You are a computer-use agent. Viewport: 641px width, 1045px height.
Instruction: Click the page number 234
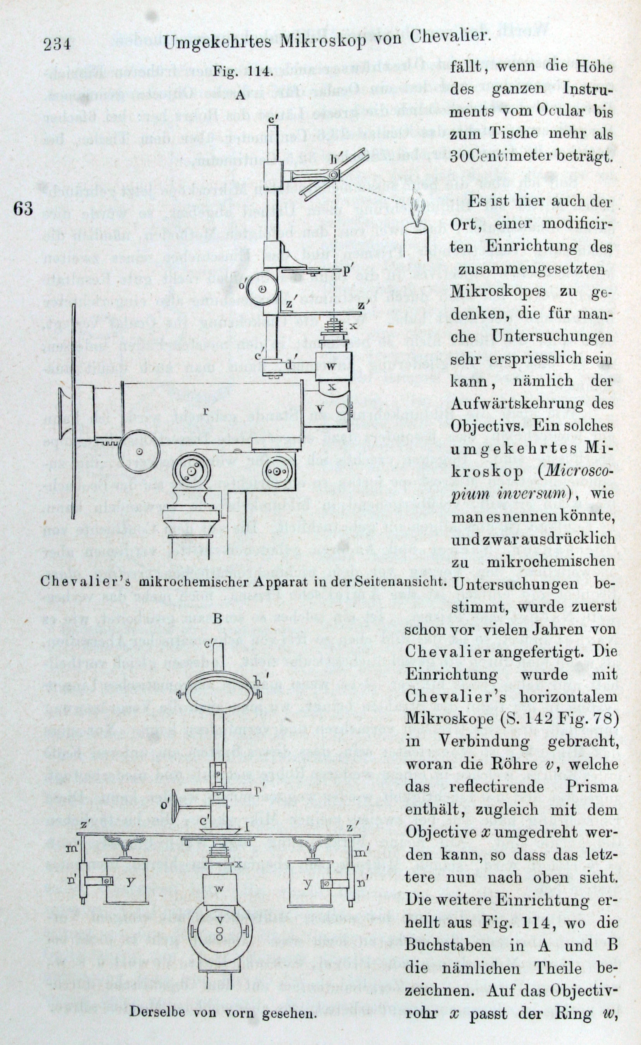(x=57, y=44)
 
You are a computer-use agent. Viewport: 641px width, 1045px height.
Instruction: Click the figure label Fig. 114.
(x=248, y=71)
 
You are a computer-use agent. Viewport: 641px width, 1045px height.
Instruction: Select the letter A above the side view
(x=240, y=96)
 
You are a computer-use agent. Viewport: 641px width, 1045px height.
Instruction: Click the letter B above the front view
(x=218, y=618)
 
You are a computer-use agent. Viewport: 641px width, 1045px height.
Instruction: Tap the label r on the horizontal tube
(x=205, y=411)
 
